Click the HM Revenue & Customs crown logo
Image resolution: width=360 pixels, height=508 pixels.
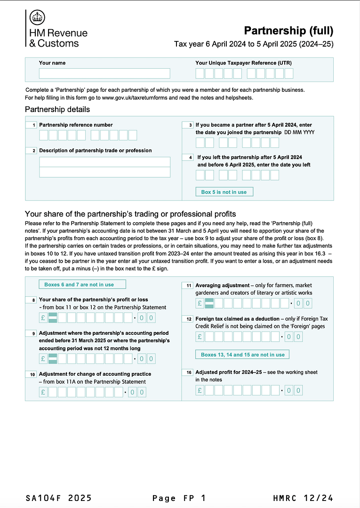pos(38,18)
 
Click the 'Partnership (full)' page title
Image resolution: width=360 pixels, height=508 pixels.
pos(288,31)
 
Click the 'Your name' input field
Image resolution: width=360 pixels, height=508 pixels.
pos(104,73)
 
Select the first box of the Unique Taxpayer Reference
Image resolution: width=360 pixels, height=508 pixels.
pos(200,73)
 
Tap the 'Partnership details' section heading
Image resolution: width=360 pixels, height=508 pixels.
pos(57,110)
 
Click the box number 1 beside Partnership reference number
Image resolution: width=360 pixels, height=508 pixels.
pos(32,125)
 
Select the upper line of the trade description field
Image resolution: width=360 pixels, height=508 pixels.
pos(104,162)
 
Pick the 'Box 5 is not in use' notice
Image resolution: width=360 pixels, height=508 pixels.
pos(224,192)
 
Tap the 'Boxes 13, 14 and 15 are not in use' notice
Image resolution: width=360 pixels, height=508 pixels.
pos(242,354)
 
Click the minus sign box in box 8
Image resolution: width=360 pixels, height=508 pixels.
pos(53,318)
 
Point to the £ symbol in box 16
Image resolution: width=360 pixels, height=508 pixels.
pos(200,390)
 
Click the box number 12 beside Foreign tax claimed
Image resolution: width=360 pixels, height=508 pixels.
pos(188,319)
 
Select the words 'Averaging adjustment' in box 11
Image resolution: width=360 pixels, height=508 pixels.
pos(222,285)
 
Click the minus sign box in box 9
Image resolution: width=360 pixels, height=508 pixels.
pos(53,359)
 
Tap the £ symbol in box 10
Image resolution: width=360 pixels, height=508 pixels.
pos(43,392)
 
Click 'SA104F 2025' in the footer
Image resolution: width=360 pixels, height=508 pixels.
pos(59,498)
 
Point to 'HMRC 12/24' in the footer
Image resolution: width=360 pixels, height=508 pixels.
pos(303,498)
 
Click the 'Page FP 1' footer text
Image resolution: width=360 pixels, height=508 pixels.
pos(179,498)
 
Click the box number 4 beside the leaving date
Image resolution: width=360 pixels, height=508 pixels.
pos(188,157)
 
